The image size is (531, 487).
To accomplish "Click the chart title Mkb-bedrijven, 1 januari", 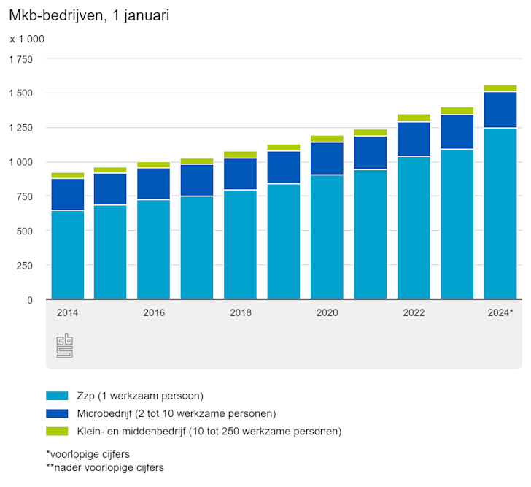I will [89, 15].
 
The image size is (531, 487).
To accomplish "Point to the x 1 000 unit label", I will [27, 39].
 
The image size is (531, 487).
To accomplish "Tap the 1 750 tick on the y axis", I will [20, 59].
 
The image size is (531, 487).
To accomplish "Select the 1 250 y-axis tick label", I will [20, 128].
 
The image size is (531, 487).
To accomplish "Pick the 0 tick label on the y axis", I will [30, 300].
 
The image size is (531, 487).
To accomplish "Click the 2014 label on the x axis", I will [67, 312].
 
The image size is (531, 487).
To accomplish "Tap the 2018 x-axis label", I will [241, 312].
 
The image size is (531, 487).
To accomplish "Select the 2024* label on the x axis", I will [500, 312].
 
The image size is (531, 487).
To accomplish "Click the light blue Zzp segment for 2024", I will [500, 213].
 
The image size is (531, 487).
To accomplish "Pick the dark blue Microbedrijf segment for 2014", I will [67, 194].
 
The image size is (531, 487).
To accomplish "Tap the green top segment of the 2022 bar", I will [414, 118].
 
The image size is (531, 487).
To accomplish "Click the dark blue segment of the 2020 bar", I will [327, 158].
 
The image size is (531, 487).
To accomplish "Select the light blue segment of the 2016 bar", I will [154, 249].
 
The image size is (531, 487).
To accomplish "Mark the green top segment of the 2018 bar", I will [241, 155].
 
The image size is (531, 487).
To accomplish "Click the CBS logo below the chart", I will [65, 345].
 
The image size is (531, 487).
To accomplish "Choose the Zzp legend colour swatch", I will [57, 396].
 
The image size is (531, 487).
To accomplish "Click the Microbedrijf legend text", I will [175, 414].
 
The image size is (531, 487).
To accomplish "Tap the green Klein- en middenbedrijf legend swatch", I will [57, 432].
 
